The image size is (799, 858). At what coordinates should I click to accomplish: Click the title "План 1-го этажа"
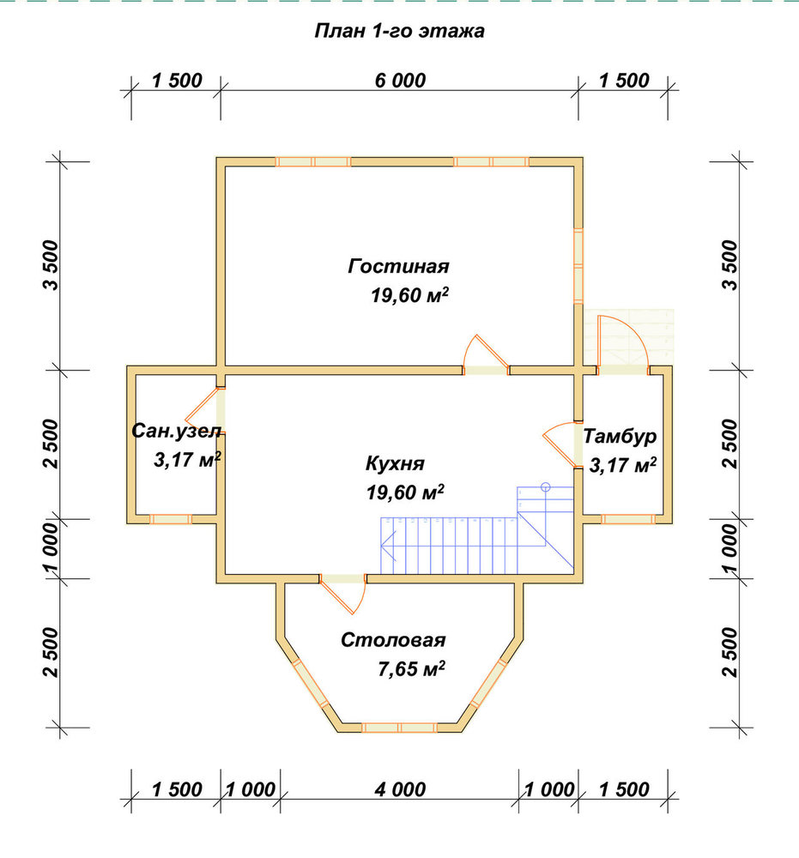pos(399,31)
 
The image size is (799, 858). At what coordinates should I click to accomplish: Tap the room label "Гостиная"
pos(398,267)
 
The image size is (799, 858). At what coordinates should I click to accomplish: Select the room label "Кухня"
pos(395,463)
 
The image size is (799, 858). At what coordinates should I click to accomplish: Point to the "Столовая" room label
pos(393,640)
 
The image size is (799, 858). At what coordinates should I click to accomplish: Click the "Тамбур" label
pos(620,436)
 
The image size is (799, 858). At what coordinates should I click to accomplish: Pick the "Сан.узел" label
pos(176,432)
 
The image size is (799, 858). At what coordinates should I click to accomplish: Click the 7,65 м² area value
pos(411,668)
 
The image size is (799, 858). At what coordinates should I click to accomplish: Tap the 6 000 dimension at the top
pos(400,81)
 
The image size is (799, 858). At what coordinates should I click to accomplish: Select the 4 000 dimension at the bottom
pos(400,789)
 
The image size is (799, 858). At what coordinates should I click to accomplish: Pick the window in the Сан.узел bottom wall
pos(170,519)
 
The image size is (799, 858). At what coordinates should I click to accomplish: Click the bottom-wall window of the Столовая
pos(400,728)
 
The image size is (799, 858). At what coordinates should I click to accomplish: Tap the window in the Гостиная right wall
pos(578,265)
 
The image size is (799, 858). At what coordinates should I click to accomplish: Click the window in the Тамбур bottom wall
pos(628,519)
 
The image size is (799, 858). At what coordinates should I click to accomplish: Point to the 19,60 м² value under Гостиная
pos(410,295)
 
